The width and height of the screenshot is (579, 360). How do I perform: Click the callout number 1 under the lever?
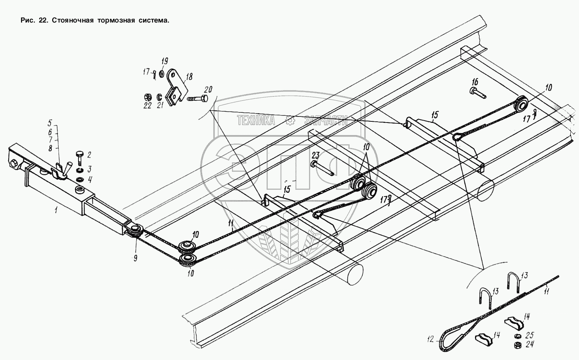(x=56, y=211)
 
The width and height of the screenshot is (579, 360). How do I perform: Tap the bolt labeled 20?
(x=196, y=99)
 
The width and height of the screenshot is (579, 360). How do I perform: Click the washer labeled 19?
(x=161, y=73)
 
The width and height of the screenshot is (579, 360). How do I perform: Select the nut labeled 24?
(x=517, y=344)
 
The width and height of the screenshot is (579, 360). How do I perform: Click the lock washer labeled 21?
(x=159, y=96)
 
